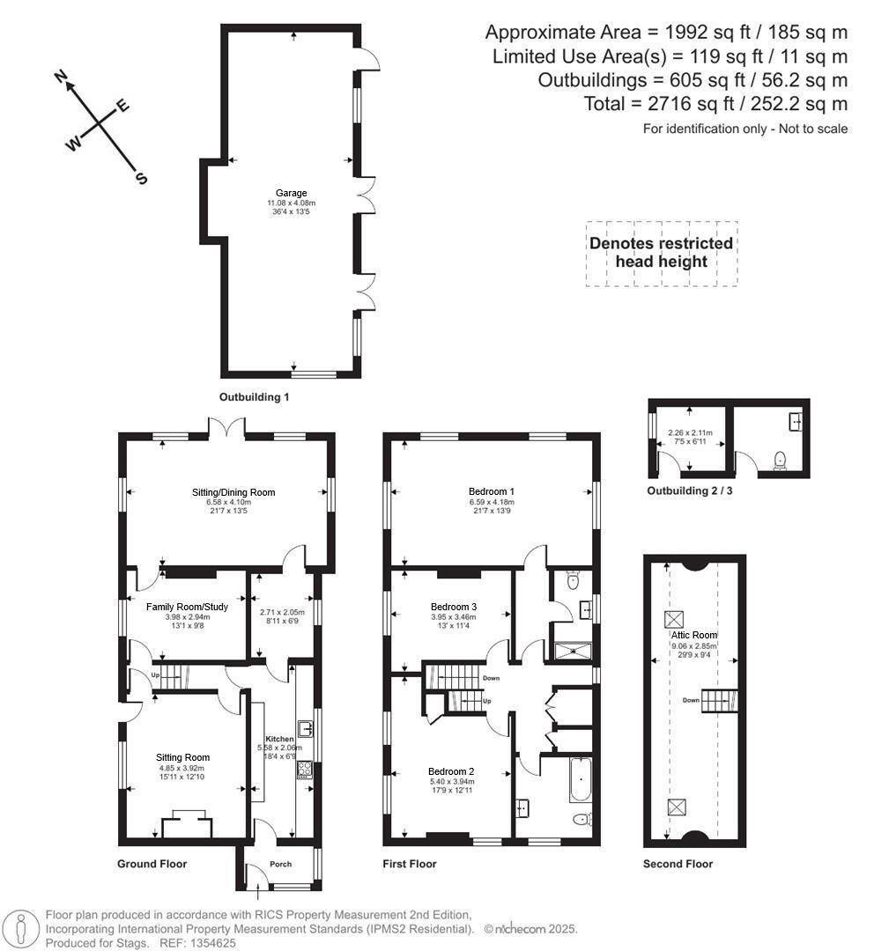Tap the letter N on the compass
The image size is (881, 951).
click(x=63, y=78)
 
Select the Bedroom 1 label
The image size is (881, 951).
click(x=492, y=491)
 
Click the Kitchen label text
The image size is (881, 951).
click(x=280, y=739)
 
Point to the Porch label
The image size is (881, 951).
click(x=280, y=864)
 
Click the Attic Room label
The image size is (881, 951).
click(x=695, y=635)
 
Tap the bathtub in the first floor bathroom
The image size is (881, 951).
click(x=580, y=779)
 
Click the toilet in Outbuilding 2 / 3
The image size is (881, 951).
click(x=778, y=460)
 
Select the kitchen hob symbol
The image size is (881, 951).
click(x=305, y=770)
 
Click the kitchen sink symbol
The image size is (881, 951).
click(x=306, y=728)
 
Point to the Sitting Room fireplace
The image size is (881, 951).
click(x=187, y=825)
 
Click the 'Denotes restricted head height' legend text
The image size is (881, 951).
click(x=661, y=253)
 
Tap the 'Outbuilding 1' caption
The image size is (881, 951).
click(x=255, y=397)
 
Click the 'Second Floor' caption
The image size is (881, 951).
click(x=677, y=864)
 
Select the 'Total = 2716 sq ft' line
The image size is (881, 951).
click(x=714, y=104)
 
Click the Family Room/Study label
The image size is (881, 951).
click(x=187, y=607)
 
